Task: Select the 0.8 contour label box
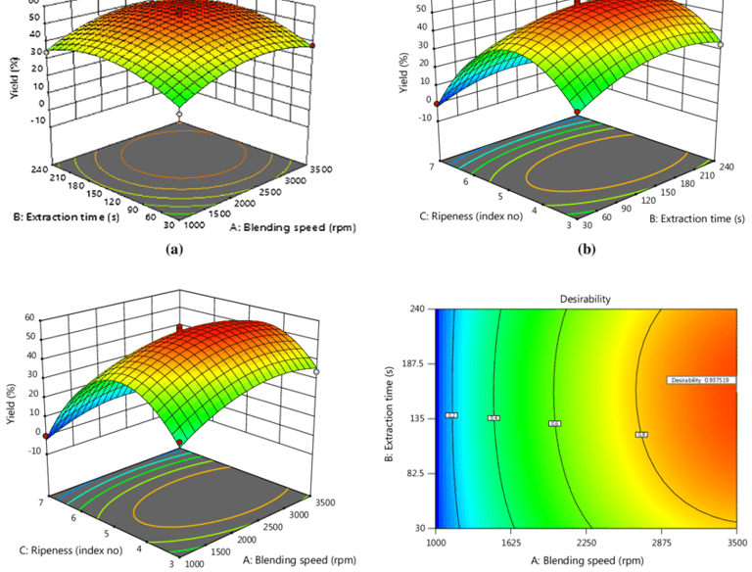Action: click(x=641, y=435)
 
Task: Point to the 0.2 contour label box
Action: click(x=451, y=415)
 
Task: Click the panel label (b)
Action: click(x=586, y=250)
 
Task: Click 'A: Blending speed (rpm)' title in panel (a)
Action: click(x=291, y=227)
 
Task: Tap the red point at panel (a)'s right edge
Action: click(x=312, y=45)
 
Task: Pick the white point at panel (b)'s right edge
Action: click(x=720, y=45)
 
